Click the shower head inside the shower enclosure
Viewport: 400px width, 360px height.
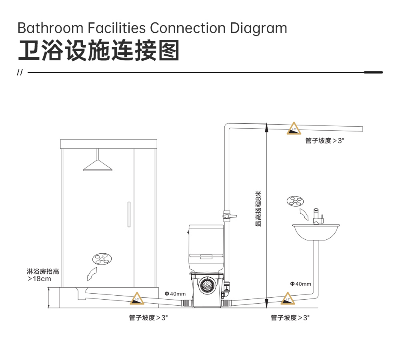[x=98, y=165]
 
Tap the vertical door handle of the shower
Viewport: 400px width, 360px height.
[x=129, y=214]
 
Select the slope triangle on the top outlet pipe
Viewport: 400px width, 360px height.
[x=294, y=128]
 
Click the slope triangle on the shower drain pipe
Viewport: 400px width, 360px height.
[x=137, y=298]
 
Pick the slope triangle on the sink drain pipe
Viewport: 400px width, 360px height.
[x=288, y=298]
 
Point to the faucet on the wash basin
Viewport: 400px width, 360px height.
[x=318, y=216]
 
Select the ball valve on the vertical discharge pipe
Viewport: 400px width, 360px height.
[x=228, y=216]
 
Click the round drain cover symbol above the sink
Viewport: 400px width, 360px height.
[x=295, y=201]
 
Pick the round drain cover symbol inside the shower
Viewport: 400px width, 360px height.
[x=102, y=259]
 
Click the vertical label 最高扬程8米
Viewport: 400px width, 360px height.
[x=258, y=209]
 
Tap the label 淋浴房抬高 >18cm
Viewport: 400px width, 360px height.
[x=43, y=275]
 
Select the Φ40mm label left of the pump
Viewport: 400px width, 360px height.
[x=175, y=294]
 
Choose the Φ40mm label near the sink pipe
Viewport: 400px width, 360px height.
[x=300, y=284]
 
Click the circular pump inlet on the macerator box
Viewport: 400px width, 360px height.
[x=207, y=284]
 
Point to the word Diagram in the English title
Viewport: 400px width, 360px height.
[x=258, y=28]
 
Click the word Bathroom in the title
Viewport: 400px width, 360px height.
[x=50, y=28]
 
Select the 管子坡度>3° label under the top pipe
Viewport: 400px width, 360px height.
[x=325, y=141]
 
